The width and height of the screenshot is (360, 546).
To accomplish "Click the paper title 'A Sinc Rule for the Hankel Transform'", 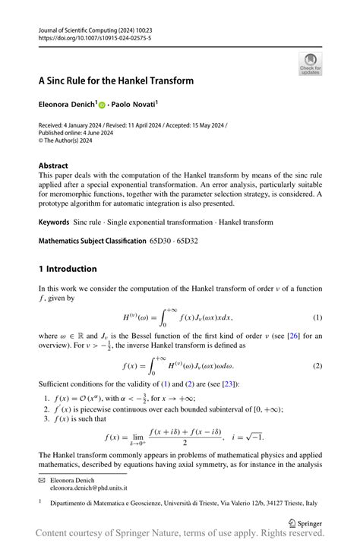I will (116, 80).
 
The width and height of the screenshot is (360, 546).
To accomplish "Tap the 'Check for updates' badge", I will (310, 64).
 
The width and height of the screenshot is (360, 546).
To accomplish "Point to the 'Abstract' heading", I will (53, 166).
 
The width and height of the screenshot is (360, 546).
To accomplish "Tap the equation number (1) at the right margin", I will (317, 316).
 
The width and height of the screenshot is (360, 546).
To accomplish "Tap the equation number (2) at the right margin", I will (317, 365).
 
